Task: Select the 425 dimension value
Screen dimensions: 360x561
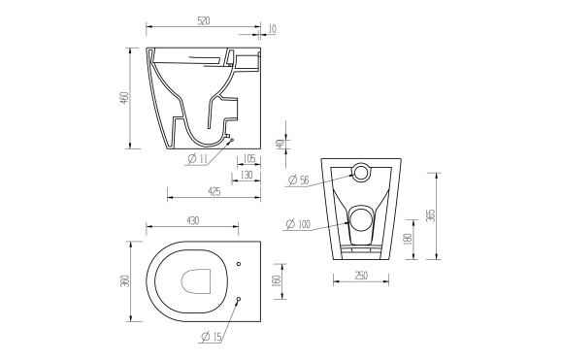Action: tap(214, 191)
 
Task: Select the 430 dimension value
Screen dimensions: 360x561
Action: tap(193, 221)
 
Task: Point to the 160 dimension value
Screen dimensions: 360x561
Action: tap(277, 280)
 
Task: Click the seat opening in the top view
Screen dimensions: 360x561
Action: tap(198, 279)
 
